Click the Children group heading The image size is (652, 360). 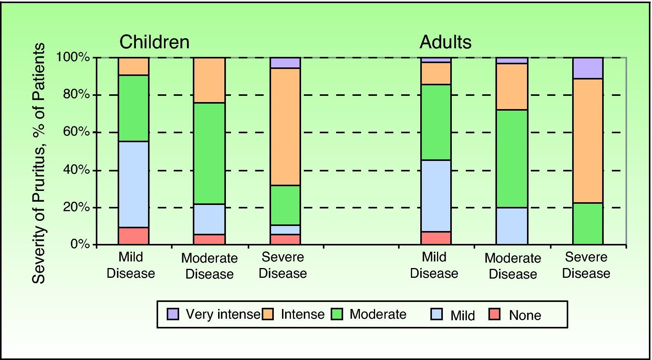[154, 42]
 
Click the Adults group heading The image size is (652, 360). [445, 42]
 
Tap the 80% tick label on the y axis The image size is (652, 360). [77, 95]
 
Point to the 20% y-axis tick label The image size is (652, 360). [77, 207]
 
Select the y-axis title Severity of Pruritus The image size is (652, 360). [39, 164]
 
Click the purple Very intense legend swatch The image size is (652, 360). [173, 314]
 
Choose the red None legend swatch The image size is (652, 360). [495, 314]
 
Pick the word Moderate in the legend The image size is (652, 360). [378, 314]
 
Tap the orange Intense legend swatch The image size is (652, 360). [268, 314]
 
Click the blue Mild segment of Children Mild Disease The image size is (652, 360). [134, 184]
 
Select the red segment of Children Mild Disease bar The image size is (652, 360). [134, 236]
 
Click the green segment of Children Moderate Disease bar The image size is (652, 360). [210, 153]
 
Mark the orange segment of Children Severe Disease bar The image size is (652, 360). [285, 127]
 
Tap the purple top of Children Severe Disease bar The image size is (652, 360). [285, 63]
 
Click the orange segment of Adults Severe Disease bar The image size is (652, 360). [588, 141]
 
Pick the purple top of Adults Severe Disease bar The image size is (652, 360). [588, 68]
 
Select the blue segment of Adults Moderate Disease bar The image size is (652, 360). [512, 226]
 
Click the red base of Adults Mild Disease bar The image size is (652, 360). [436, 238]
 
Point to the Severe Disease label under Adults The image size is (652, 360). [586, 265]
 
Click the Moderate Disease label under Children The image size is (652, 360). [209, 266]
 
